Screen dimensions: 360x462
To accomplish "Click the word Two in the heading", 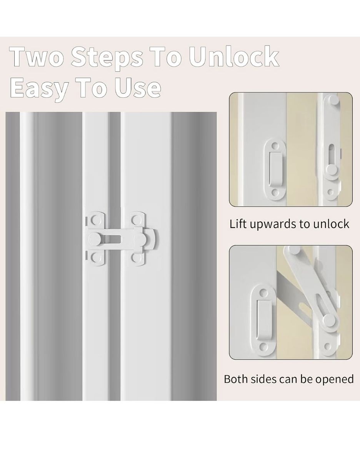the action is [37, 56].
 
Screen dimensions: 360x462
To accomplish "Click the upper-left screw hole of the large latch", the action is [96, 221].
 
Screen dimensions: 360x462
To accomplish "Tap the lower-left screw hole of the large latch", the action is [96, 258].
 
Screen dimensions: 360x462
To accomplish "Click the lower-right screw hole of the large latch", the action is [135, 258].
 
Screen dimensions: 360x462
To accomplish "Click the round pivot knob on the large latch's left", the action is [95, 239].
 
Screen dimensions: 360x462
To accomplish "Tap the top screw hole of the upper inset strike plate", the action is [275, 146].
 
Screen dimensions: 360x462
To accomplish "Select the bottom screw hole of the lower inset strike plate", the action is [263, 347].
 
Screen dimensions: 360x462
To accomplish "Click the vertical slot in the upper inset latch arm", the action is [331, 156].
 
